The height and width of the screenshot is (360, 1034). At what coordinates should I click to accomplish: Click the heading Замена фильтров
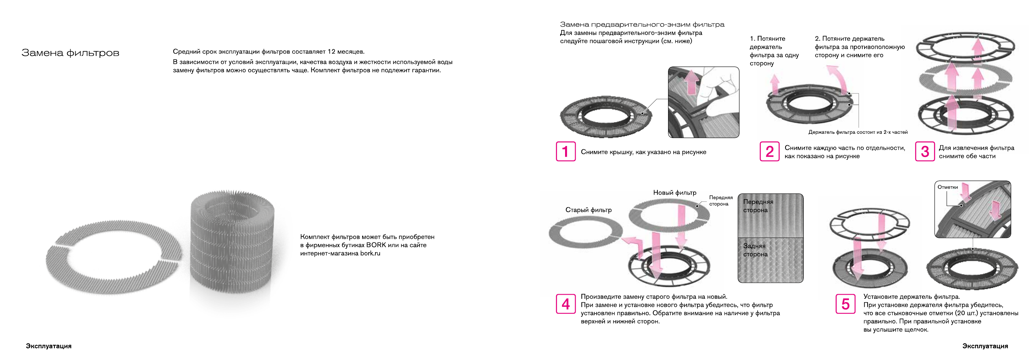coord(70,53)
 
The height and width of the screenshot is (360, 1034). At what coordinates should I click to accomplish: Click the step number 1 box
coord(565,151)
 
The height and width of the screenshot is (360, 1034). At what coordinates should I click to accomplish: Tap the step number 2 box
coord(769,151)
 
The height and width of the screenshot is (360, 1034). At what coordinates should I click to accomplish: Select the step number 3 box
coord(925,151)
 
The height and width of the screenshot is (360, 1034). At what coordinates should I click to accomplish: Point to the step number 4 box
coord(565,303)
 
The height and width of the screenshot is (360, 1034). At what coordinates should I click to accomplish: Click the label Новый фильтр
coord(675,193)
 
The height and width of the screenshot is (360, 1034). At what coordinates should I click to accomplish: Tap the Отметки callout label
coord(947,187)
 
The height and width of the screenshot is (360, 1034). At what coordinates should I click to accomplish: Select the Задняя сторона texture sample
coord(770,260)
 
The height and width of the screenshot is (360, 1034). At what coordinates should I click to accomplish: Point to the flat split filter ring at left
coord(113,257)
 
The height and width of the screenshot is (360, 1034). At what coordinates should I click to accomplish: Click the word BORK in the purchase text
coord(376,245)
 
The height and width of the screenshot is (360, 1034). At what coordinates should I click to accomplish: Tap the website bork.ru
coord(370,253)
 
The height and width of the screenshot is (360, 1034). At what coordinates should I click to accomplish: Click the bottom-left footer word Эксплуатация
coord(49,346)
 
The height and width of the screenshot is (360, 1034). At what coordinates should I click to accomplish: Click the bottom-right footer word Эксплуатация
coord(985,346)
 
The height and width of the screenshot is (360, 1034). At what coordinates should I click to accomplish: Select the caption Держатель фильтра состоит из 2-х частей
coord(858,132)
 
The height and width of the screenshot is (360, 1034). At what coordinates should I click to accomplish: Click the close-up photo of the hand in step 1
coord(703,102)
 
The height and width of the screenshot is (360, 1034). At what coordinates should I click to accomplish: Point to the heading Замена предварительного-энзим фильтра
coord(642,24)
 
